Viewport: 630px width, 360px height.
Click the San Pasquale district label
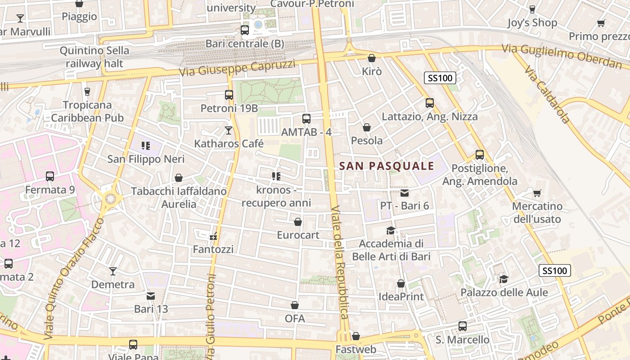387,166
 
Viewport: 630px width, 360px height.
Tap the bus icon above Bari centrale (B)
245,30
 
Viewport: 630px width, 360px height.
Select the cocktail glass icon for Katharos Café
229,130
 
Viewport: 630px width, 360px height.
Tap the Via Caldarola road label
547,95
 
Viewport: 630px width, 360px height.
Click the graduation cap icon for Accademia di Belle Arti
391,230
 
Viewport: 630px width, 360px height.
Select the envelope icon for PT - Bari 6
405,193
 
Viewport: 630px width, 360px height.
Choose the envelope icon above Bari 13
151,296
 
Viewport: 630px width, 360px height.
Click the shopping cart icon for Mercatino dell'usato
537,193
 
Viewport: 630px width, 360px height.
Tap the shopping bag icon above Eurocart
297,222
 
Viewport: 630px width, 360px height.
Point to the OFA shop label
295,319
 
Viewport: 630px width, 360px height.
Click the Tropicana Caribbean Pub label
87,111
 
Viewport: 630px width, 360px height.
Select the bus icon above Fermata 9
50,176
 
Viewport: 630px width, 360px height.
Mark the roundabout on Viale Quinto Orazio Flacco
110,198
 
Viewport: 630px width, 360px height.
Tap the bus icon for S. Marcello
462,326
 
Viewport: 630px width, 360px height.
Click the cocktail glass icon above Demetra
113,271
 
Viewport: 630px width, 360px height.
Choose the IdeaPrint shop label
401,297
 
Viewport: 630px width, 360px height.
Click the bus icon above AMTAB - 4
306,119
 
